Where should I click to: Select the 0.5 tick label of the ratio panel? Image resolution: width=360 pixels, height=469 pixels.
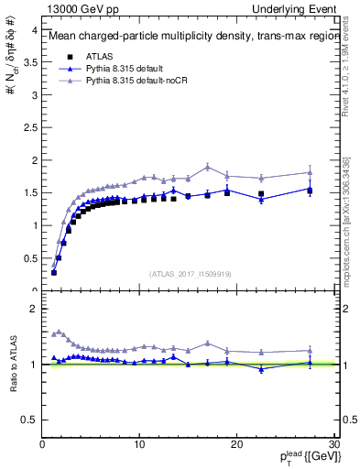click(28, 420)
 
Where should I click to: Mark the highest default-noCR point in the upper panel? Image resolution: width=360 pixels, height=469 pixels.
click(208, 167)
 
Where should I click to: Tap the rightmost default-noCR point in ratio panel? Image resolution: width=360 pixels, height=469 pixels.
click(310, 350)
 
